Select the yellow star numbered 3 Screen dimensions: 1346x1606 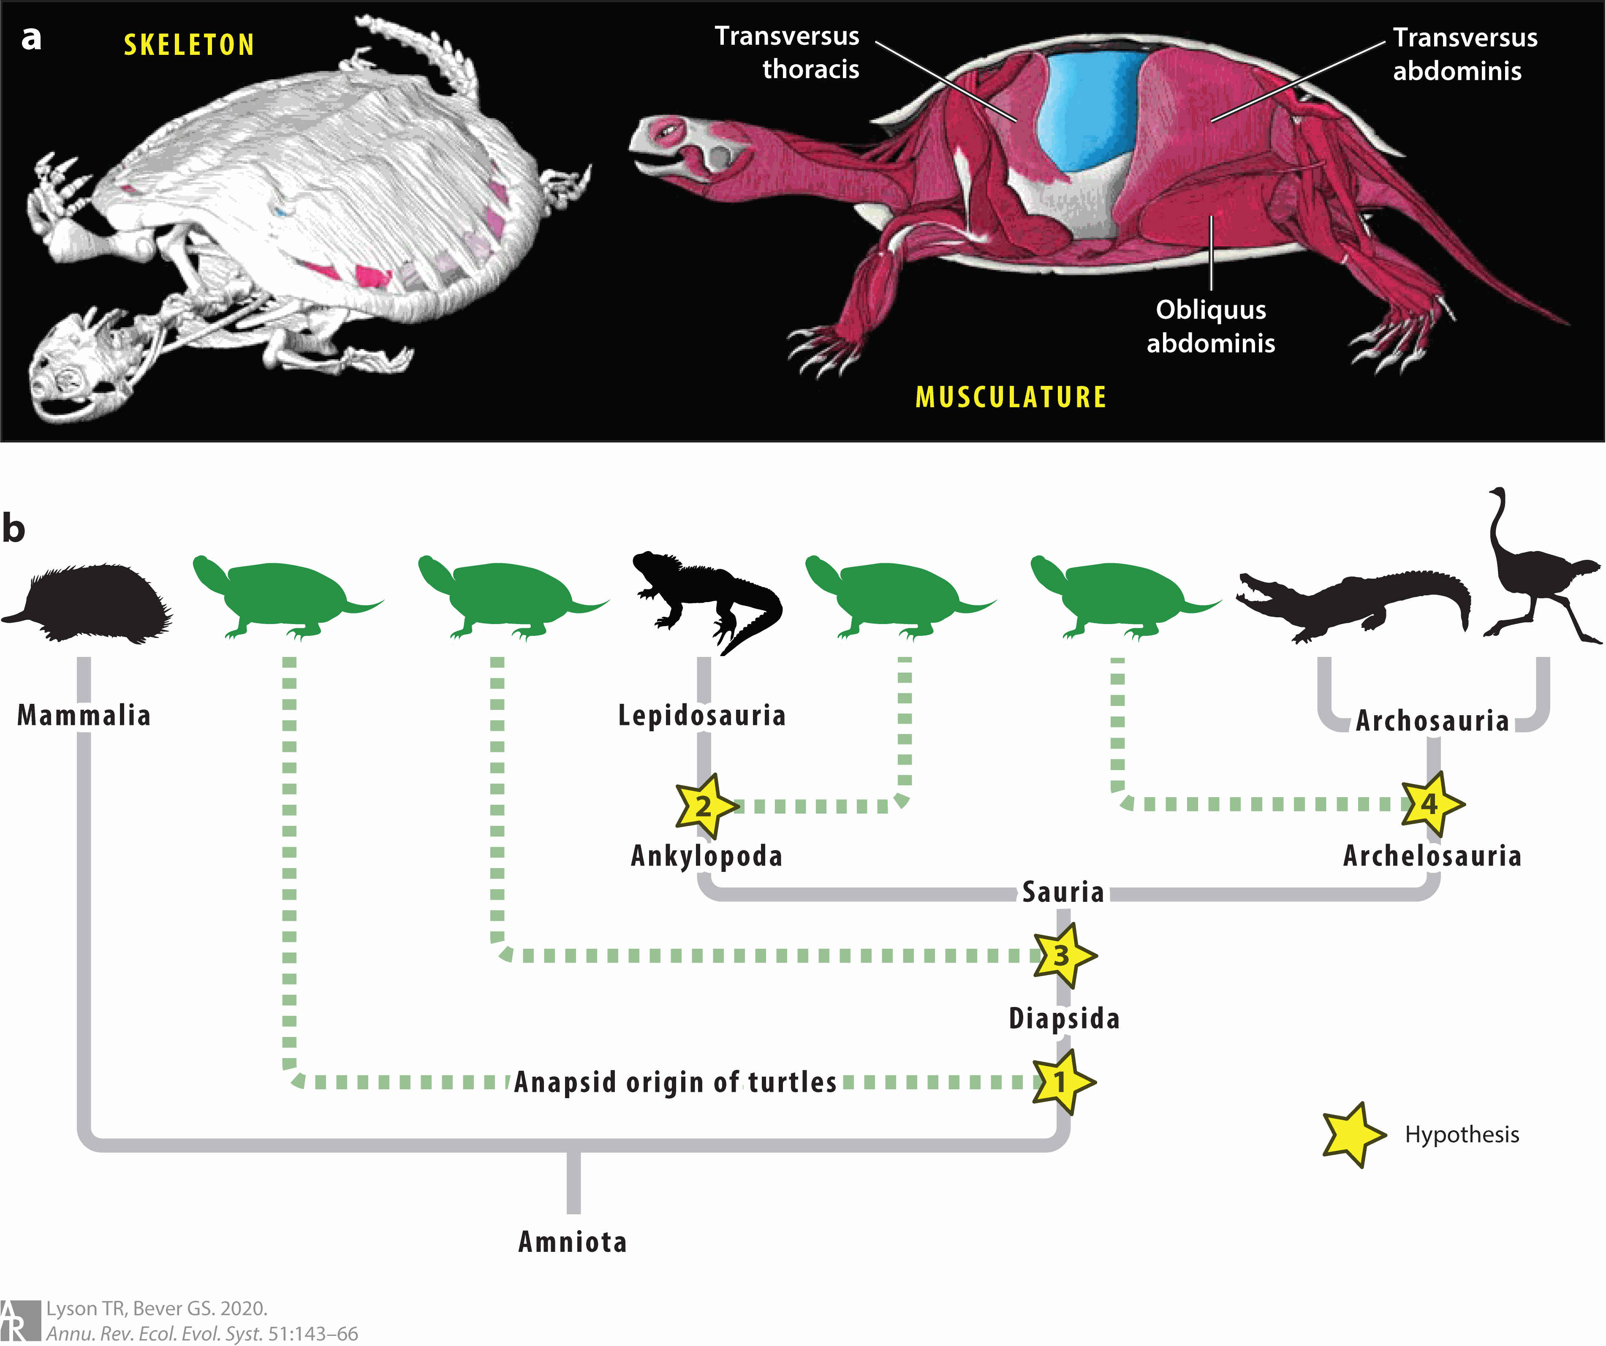pos(1062,955)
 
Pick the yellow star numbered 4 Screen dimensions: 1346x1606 pos(1430,804)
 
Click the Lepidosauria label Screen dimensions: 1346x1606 pos(702,716)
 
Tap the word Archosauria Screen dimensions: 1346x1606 pos(1432,720)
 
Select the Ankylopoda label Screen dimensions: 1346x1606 pos(707,856)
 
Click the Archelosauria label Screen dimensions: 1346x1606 pos(1432,856)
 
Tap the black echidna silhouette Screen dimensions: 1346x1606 pos(92,604)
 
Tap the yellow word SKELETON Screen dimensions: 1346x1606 pos(189,45)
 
